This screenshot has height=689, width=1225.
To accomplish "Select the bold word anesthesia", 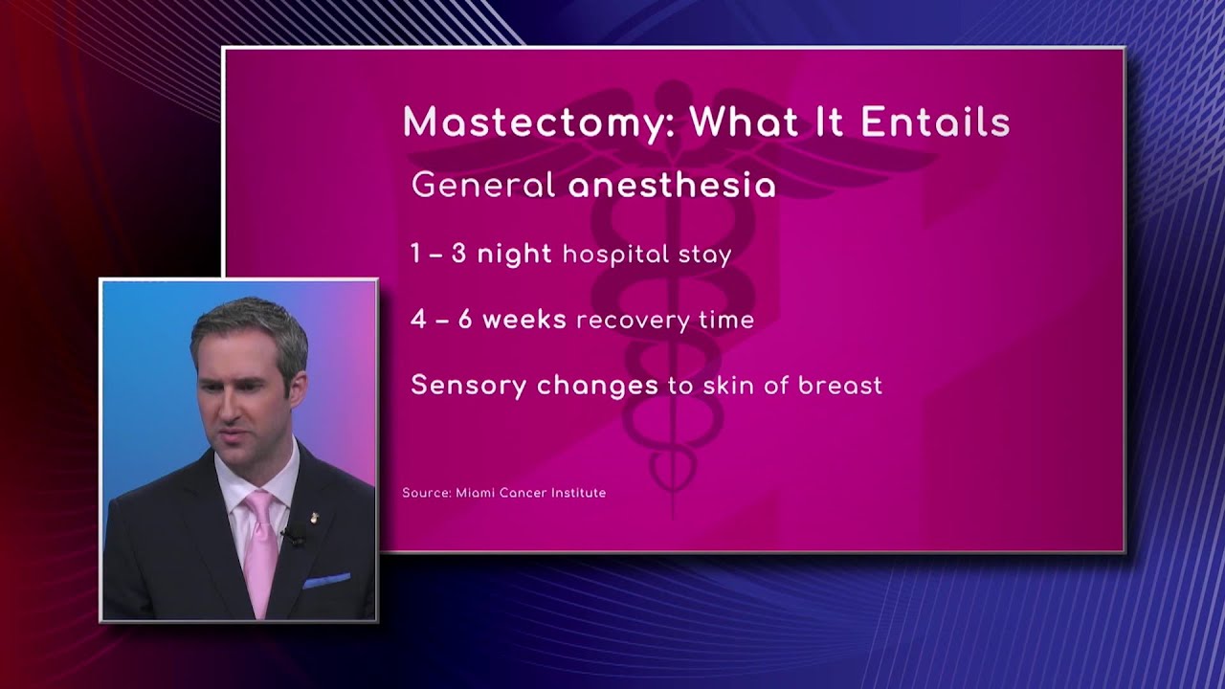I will (672, 185).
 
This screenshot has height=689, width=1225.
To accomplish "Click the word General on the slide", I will (483, 185).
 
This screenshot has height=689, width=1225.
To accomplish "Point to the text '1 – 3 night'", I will (480, 254).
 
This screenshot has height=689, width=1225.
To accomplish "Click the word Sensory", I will (469, 386).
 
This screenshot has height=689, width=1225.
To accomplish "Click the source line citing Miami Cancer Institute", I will (503, 493).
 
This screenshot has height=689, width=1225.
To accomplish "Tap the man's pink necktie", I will (258, 550).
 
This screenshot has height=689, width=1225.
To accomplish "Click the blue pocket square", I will (326, 581).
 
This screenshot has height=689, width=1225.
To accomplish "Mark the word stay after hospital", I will (709, 255).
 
